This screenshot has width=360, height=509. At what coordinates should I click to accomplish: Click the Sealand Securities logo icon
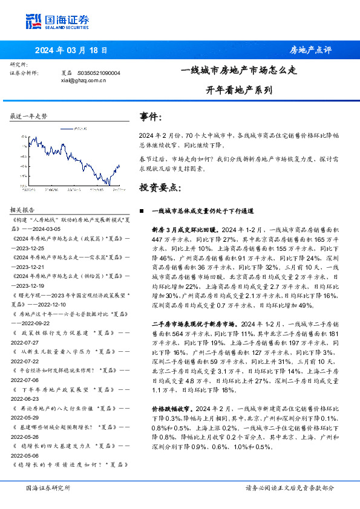[33, 22]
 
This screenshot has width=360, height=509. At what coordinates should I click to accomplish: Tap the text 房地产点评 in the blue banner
[310, 50]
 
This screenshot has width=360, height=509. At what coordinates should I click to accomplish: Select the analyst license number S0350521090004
[99, 73]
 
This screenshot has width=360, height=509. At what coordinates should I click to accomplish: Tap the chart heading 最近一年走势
[28, 115]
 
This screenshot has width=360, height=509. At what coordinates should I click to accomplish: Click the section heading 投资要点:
[160, 188]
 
